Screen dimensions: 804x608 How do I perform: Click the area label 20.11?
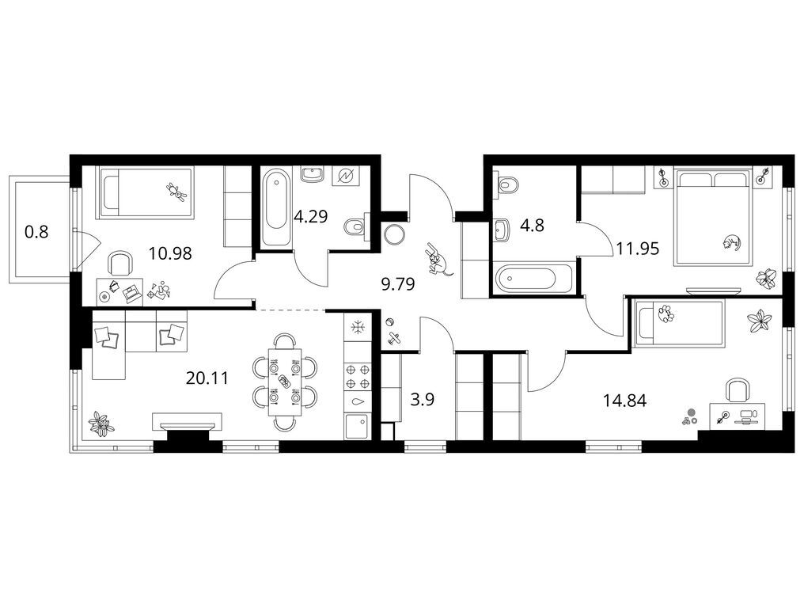(207, 378)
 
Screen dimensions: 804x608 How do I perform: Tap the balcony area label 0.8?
(36, 232)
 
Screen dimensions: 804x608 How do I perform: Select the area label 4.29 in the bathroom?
(310, 216)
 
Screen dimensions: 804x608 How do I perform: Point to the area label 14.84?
(624, 400)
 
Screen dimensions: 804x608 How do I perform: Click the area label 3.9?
(423, 399)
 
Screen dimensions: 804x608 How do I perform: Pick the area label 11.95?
(637, 249)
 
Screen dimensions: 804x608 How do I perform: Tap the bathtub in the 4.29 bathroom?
(275, 209)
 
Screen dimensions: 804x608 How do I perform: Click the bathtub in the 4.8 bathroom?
(533, 279)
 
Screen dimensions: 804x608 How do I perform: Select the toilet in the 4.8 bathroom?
(506, 184)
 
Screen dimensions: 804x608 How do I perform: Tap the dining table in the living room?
(286, 379)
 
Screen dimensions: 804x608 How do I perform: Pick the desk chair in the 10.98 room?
(119, 264)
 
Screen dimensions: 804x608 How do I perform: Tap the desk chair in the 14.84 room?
(738, 391)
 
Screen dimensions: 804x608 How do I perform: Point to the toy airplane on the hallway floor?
(394, 337)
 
